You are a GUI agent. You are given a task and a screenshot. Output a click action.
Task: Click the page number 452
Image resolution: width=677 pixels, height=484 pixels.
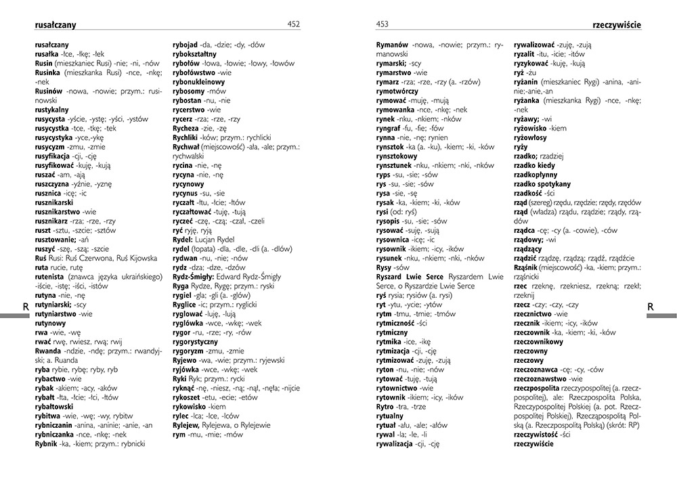pyautogui.click(x=293, y=24)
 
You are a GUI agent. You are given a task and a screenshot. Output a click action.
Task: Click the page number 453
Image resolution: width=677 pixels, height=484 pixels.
pyautogui.click(x=383, y=24)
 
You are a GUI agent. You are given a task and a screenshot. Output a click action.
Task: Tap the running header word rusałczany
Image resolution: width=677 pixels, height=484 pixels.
pyautogui.click(x=55, y=25)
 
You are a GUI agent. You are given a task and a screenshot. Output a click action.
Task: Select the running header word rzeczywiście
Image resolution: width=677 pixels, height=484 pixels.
pyautogui.click(x=616, y=25)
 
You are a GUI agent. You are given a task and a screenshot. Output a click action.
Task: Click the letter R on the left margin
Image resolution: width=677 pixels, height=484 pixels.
pyautogui.click(x=26, y=307)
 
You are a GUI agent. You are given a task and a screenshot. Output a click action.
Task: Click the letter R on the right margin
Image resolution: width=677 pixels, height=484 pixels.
pyautogui.click(x=651, y=307)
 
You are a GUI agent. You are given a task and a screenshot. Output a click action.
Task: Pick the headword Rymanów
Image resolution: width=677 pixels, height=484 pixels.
pyautogui.click(x=392, y=44)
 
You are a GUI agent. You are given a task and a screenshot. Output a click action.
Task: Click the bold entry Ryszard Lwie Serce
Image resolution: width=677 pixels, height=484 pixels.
pyautogui.click(x=415, y=276)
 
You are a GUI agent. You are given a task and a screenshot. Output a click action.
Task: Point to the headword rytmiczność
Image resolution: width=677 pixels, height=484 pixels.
pyautogui.click(x=402, y=323)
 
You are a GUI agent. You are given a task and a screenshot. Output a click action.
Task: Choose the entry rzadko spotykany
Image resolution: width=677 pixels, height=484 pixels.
pyautogui.click(x=542, y=183)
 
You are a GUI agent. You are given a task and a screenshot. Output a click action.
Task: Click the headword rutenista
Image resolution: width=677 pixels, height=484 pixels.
pyautogui.click(x=52, y=276)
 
